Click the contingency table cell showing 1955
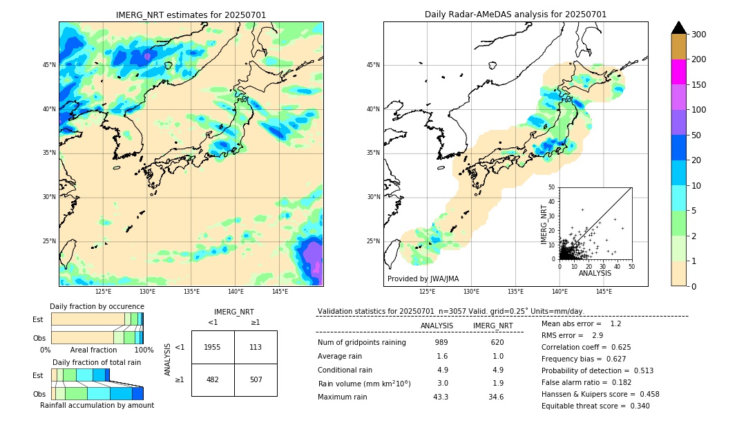click(212, 347)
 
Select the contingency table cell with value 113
click(256, 347)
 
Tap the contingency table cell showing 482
click(212, 379)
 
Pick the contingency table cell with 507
click(256, 379)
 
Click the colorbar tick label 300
click(699, 35)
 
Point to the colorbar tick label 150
click(699, 85)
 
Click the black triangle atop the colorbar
click(679, 28)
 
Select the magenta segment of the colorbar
click(679, 72)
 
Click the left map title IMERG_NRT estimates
click(191, 15)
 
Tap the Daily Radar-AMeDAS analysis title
click(515, 15)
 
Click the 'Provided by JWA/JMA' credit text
click(423, 279)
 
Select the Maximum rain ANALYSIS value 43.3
click(441, 397)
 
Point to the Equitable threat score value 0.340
click(635, 406)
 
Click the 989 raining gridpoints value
click(441, 342)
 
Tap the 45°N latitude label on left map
click(49, 65)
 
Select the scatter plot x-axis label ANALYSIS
click(595, 273)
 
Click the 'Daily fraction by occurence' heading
click(97, 306)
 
